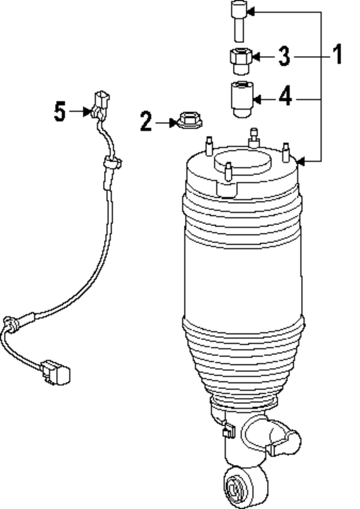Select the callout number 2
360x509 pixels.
[146, 121]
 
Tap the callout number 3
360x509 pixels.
[284, 56]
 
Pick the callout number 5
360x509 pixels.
[60, 111]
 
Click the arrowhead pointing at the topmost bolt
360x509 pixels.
[251, 11]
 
